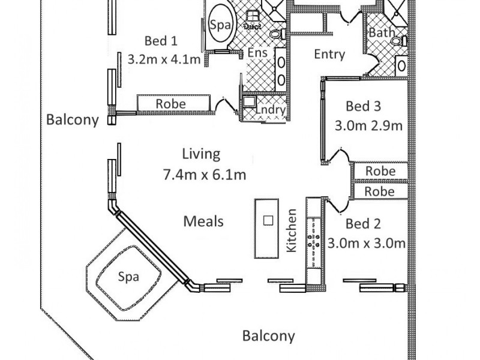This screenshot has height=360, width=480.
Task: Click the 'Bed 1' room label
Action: coord(161,41)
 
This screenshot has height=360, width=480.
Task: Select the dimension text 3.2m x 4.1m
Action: coord(164,59)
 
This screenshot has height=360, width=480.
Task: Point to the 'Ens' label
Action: coord(257,53)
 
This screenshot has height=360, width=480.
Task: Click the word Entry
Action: coord(330,55)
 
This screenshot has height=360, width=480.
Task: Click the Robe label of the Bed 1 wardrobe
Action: coord(170,104)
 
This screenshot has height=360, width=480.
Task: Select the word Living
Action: coord(203,154)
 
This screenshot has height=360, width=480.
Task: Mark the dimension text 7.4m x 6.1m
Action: coord(205,175)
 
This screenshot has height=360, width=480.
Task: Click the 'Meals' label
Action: coord(203,221)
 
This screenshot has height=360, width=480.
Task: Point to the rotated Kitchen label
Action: coord(293,230)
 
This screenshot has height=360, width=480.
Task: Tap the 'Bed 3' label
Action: coord(364,106)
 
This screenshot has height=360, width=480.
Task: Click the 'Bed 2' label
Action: coord(364,224)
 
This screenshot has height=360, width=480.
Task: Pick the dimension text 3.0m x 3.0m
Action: coord(367,243)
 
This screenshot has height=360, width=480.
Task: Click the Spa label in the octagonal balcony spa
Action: coord(128,277)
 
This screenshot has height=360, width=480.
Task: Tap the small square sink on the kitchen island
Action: coord(268,220)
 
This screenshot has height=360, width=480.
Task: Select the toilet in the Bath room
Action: coord(397,41)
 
